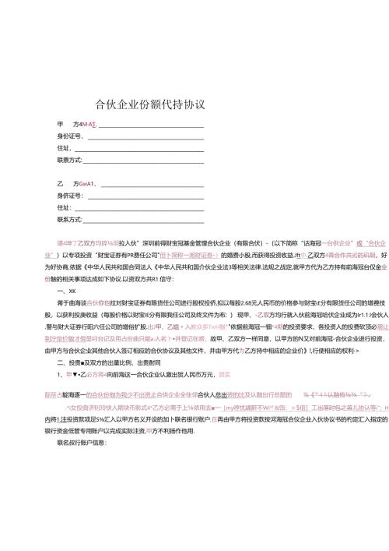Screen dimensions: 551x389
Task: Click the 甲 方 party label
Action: (65, 124)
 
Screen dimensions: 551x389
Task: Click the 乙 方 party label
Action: (65, 183)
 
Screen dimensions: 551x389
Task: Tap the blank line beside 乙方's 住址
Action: (139, 208)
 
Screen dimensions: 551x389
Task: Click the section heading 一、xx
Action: (66, 289)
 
